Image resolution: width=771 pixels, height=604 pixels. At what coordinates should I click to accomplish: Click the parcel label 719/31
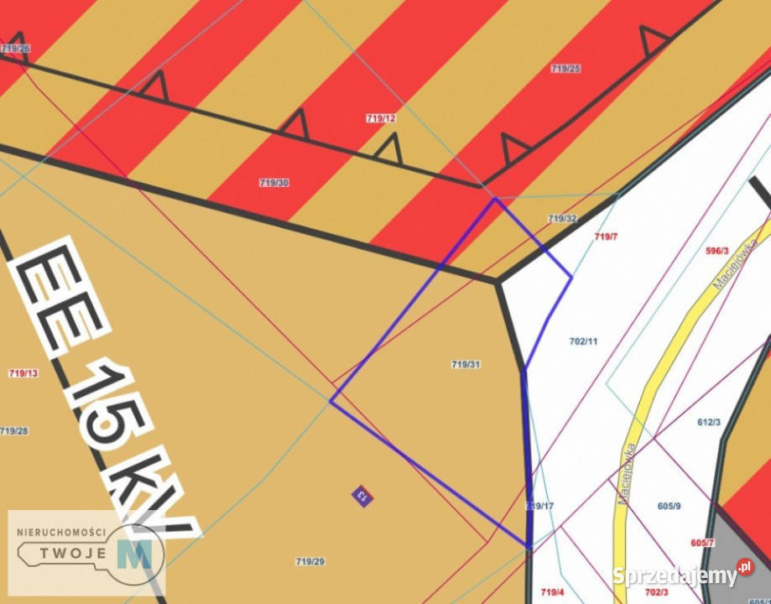click(466, 364)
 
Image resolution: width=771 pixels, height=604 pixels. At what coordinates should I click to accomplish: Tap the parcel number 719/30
click(274, 182)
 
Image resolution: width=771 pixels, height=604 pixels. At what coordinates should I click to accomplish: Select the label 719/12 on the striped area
click(381, 118)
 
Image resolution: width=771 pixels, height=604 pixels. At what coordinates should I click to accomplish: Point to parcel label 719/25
click(565, 69)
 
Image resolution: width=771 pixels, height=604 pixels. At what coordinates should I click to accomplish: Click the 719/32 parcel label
click(562, 218)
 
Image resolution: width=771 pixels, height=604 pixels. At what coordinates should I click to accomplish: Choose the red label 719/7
click(606, 237)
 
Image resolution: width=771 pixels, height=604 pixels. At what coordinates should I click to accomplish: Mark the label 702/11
click(583, 341)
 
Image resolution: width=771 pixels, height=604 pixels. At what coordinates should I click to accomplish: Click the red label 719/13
click(23, 373)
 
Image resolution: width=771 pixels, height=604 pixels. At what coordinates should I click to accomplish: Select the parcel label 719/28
click(13, 431)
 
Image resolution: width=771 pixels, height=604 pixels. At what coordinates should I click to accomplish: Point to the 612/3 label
click(709, 422)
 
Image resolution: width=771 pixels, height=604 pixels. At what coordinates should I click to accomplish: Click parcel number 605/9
click(669, 506)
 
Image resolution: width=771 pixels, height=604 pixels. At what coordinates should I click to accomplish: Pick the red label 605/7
click(702, 543)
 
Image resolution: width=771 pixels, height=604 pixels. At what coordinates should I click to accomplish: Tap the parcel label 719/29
click(310, 561)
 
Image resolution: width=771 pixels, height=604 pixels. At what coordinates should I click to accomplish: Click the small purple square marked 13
click(362, 495)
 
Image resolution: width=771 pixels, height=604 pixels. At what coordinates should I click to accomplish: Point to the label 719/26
click(15, 49)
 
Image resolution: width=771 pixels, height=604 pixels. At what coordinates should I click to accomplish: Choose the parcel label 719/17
click(539, 507)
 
